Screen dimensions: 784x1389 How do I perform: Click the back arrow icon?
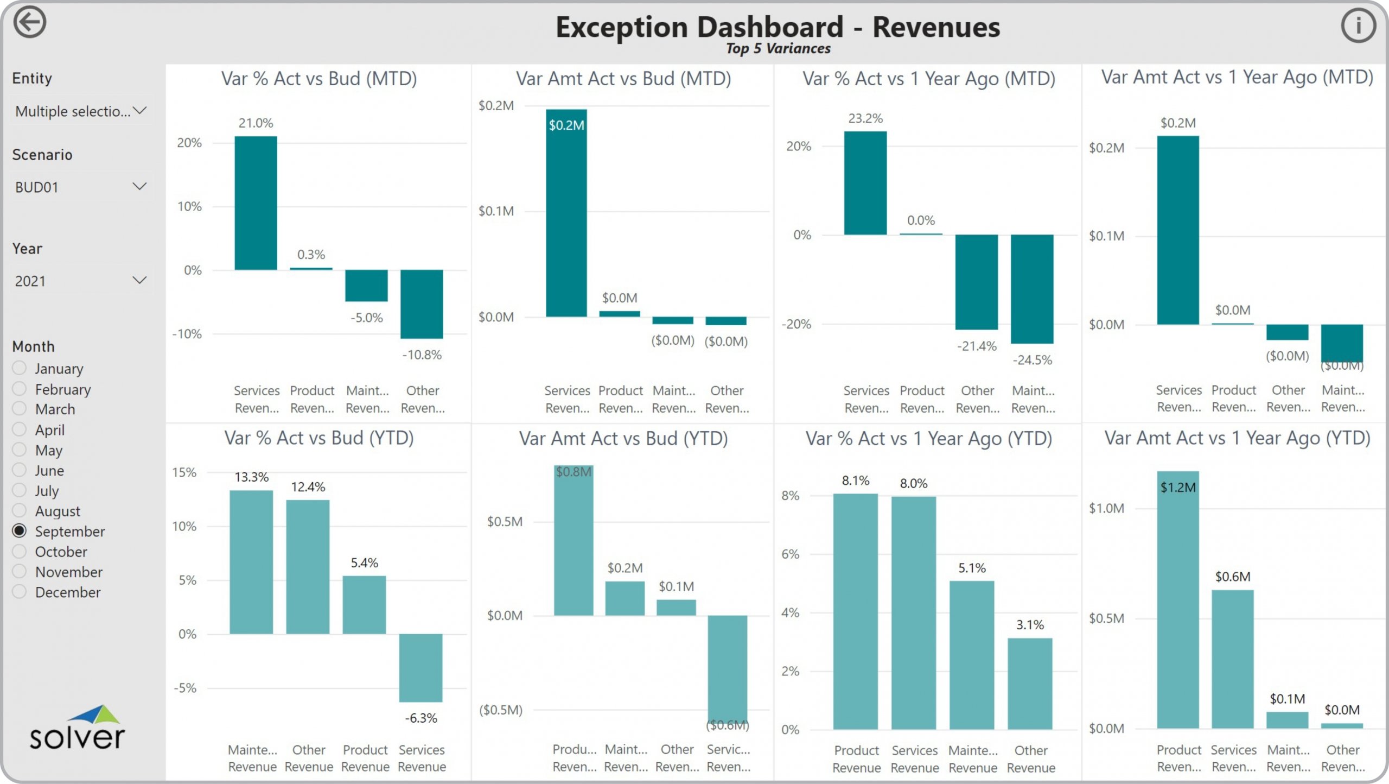coord(29,23)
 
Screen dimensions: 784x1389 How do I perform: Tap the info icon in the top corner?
coord(1358,26)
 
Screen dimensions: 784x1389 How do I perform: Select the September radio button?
coord(20,530)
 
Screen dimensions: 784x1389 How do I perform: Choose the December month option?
coord(20,592)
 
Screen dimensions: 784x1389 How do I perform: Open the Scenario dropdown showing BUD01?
coord(80,187)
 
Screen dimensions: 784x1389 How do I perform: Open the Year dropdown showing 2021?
coord(80,281)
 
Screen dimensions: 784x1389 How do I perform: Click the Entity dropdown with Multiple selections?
coord(80,111)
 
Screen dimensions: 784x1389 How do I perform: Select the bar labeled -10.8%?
coord(422,304)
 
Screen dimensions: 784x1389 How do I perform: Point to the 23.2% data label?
coord(865,118)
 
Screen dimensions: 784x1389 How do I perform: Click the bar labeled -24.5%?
coord(1032,289)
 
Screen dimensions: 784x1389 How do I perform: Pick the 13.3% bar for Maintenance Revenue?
coord(251,562)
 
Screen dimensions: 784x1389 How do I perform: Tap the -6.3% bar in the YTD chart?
coord(420,667)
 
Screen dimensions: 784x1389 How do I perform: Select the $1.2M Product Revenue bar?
coord(1178,600)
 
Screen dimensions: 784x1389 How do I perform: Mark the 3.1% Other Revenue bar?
coord(1030,684)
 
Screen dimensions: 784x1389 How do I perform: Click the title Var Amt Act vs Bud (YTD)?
coord(623,438)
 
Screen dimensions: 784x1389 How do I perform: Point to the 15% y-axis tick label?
coord(184,472)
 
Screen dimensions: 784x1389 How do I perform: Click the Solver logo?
coord(77,728)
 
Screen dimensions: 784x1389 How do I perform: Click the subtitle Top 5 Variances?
coord(778,49)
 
